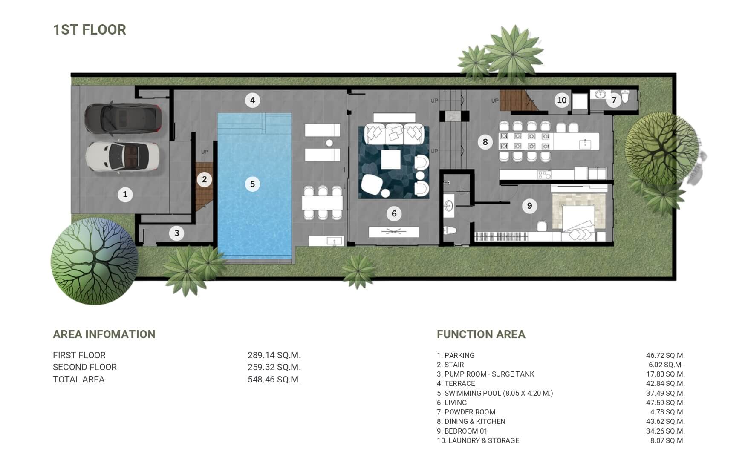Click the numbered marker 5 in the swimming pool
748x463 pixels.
pos(252,184)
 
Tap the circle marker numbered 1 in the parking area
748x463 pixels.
pos(125,195)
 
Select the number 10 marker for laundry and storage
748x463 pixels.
pos(562,100)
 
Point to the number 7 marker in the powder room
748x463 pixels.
pos(614,100)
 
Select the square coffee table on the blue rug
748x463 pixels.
pos(390,160)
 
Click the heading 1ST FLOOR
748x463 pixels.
pos(90,30)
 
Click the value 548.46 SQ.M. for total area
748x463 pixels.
pos(274,380)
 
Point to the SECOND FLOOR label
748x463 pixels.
pos(85,367)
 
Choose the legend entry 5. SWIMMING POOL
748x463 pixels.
pos(495,393)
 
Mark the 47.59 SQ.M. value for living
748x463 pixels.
pos(665,403)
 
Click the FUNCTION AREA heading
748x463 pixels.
pos(481,334)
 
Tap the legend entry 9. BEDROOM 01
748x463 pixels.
pos(462,431)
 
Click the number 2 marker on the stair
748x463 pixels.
pos(205,179)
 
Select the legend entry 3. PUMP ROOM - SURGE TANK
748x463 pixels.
pos(485,374)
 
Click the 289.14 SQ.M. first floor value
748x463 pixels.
pos(274,355)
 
